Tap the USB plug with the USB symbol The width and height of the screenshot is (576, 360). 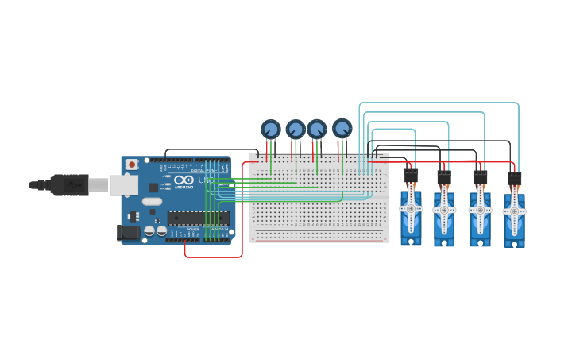pyautogui.click(x=71, y=184)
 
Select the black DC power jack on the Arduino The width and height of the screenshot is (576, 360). pyautogui.click(x=126, y=232)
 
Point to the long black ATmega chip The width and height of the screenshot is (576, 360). pyautogui.click(x=198, y=218)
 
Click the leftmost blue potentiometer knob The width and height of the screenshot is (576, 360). pyautogui.click(x=271, y=129)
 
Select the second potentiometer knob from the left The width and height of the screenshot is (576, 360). pyautogui.click(x=296, y=129)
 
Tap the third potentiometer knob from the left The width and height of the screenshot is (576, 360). pyautogui.click(x=317, y=129)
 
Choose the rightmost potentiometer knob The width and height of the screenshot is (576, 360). pyautogui.click(x=342, y=127)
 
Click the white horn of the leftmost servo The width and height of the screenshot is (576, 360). pyautogui.click(x=411, y=208)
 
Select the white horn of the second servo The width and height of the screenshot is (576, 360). pyautogui.click(x=444, y=211)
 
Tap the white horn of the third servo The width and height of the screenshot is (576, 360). pyautogui.click(x=481, y=211)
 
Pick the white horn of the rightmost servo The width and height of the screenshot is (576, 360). pyautogui.click(x=514, y=211)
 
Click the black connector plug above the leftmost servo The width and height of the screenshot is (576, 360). pyautogui.click(x=411, y=175)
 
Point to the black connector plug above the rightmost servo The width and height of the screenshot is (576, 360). pyautogui.click(x=514, y=178)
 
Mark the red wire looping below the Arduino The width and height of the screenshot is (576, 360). pyautogui.click(x=213, y=257)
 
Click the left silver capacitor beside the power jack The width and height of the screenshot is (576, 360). pyautogui.click(x=149, y=230)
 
